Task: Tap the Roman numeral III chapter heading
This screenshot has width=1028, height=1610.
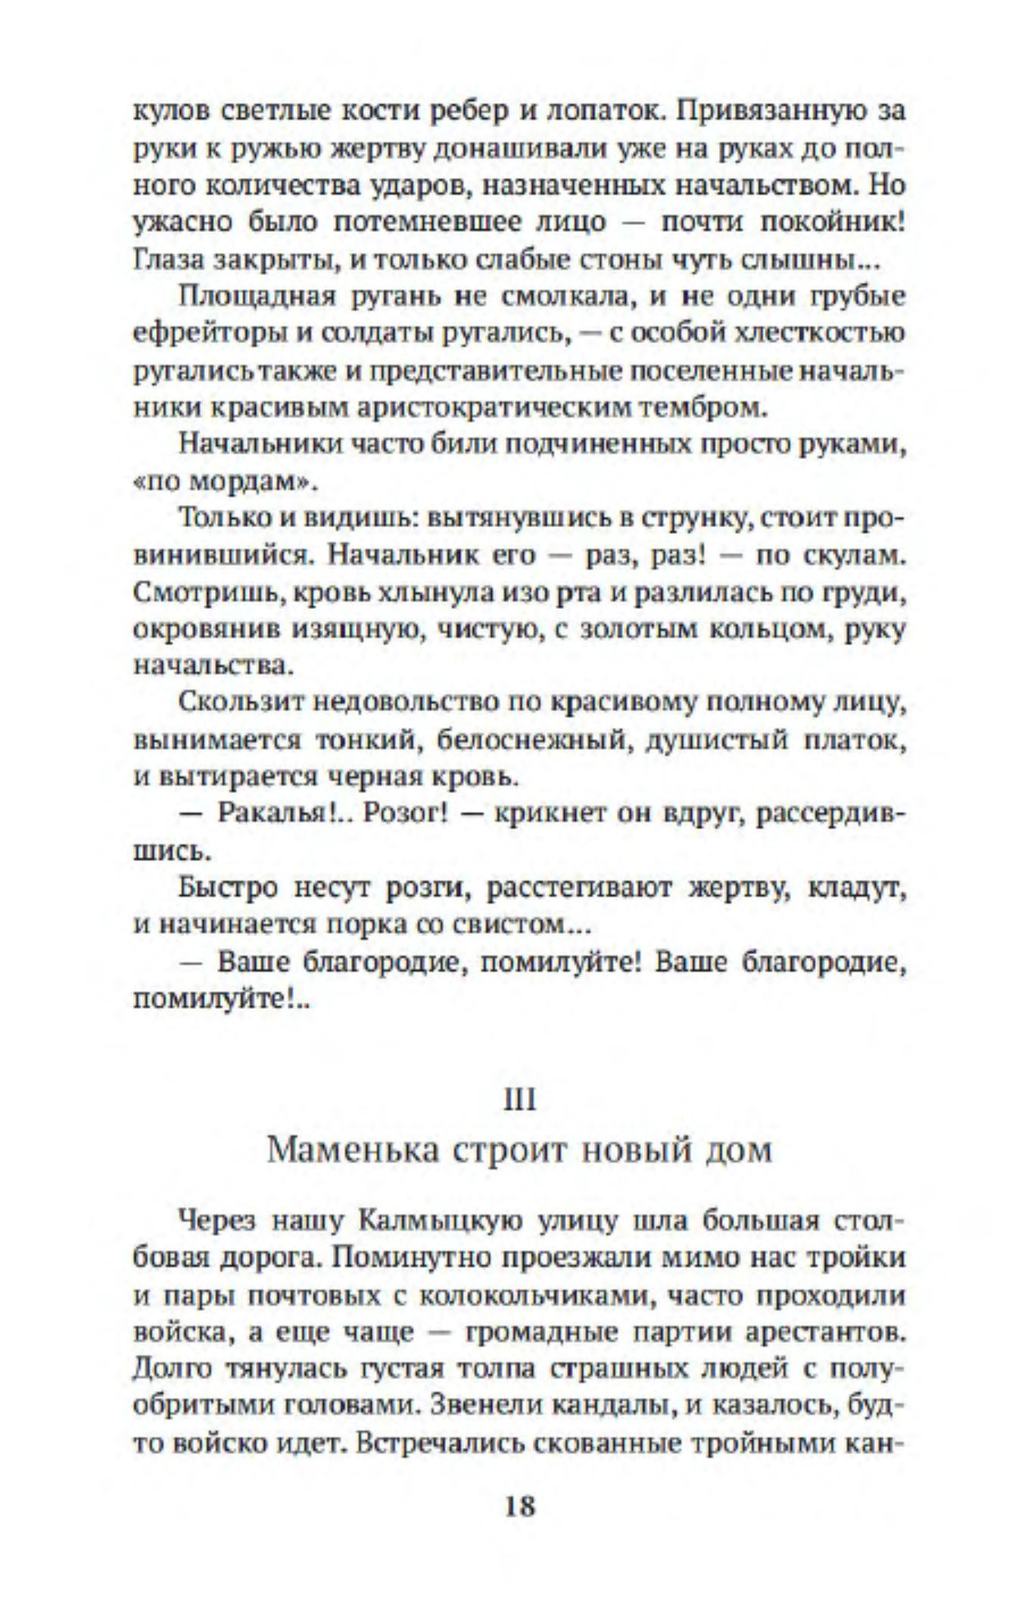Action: point(519,1100)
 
